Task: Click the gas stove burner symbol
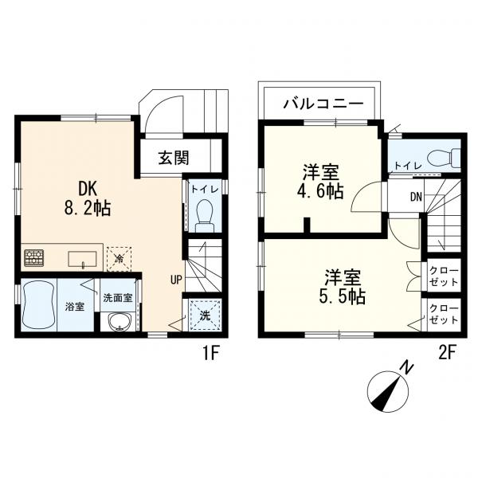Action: (35, 257)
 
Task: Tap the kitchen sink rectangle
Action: (82, 258)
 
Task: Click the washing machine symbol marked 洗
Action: (204, 315)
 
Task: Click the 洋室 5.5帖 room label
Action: (343, 287)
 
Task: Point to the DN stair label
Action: (415, 197)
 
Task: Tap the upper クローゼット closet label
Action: (444, 276)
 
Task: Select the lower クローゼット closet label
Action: (444, 314)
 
